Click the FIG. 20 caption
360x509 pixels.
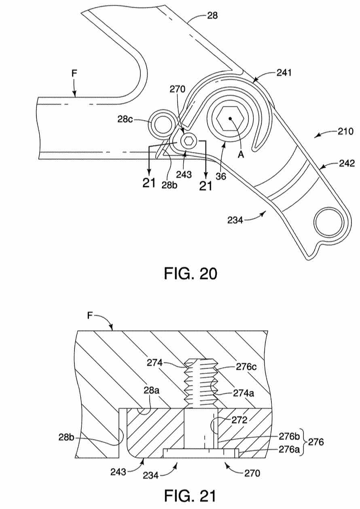point(191,274)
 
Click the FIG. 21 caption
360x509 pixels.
point(189,495)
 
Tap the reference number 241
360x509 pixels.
point(284,73)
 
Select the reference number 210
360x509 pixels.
point(345,131)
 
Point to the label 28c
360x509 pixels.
point(125,119)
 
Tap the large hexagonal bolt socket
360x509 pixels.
point(230,118)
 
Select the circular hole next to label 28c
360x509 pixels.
point(163,124)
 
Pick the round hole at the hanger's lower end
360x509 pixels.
point(328,222)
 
